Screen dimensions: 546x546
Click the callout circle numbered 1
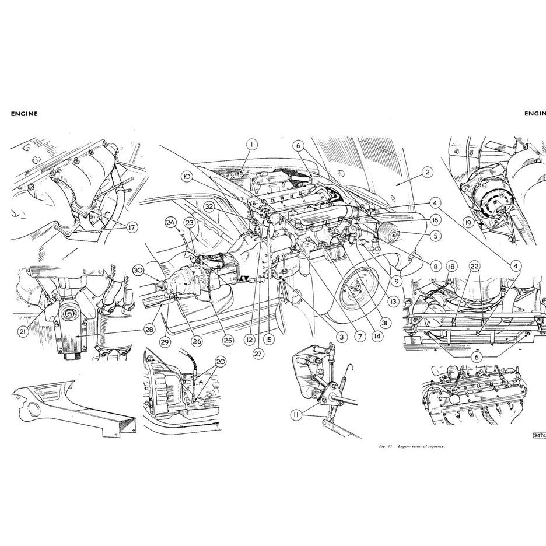251,144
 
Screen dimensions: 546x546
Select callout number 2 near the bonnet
428,172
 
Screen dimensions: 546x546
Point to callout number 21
22,331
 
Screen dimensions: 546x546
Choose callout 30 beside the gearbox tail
138,270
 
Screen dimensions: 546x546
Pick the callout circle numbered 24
170,222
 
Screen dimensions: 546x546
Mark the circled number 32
208,206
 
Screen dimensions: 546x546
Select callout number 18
452,267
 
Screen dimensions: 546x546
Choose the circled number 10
186,176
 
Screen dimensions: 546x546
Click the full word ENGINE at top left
24,114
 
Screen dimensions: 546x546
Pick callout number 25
227,339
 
